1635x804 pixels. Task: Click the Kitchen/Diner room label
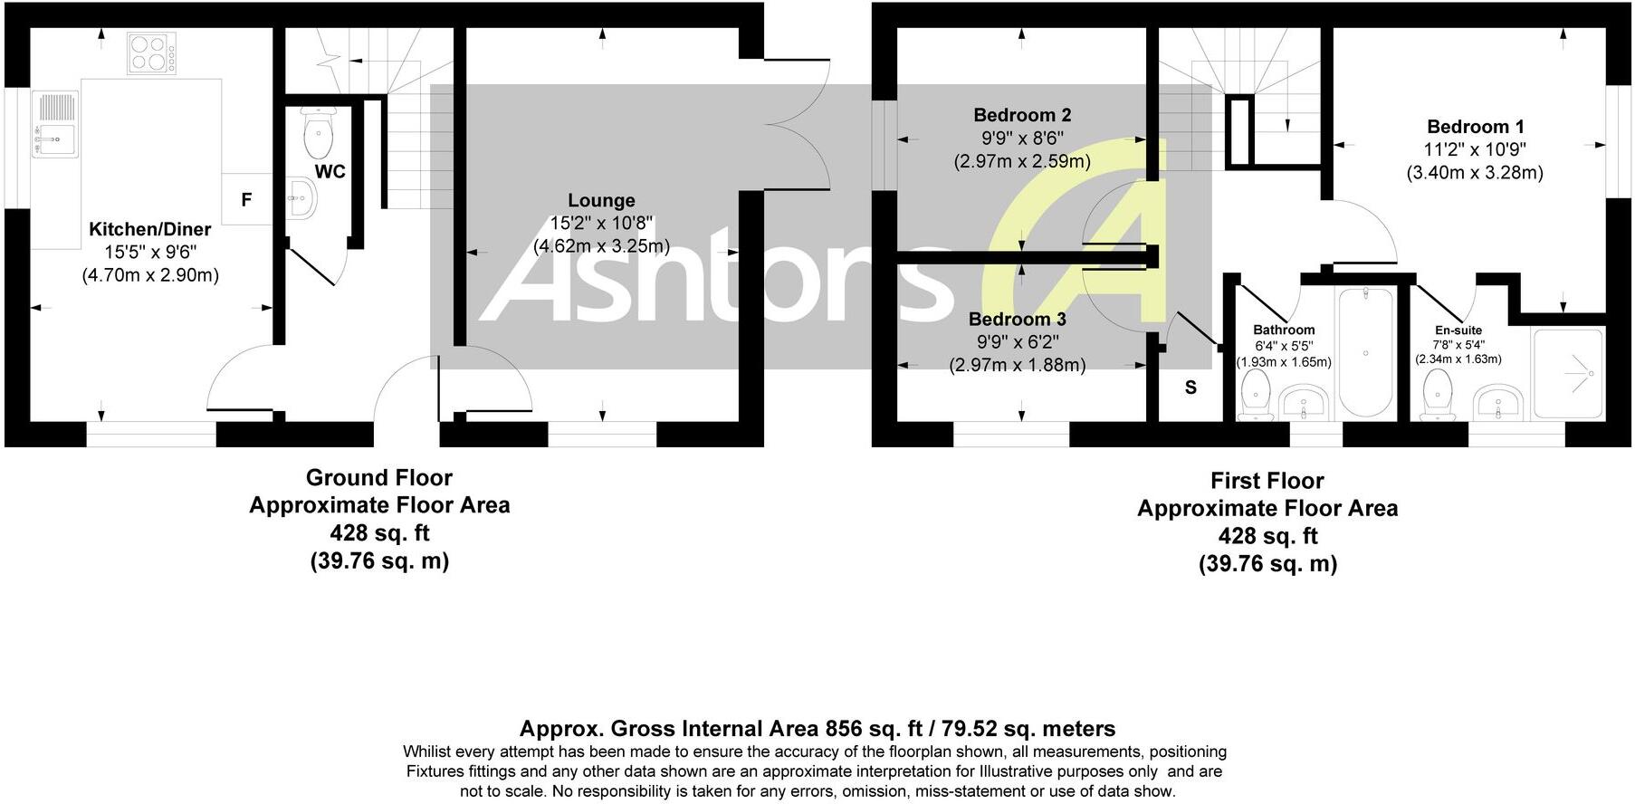(149, 230)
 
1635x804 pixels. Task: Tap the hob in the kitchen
(151, 53)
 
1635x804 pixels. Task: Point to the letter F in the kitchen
(246, 200)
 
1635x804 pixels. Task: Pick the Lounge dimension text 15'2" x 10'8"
(601, 223)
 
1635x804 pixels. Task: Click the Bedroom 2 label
(1022, 115)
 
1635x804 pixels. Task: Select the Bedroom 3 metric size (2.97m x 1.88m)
(1017, 365)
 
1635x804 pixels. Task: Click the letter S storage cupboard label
(1190, 388)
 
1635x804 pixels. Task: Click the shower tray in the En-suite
(1567, 373)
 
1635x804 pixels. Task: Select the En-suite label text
(1458, 330)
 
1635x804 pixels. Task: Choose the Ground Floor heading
(378, 477)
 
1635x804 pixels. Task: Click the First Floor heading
(1267, 481)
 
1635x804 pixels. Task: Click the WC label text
(330, 171)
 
